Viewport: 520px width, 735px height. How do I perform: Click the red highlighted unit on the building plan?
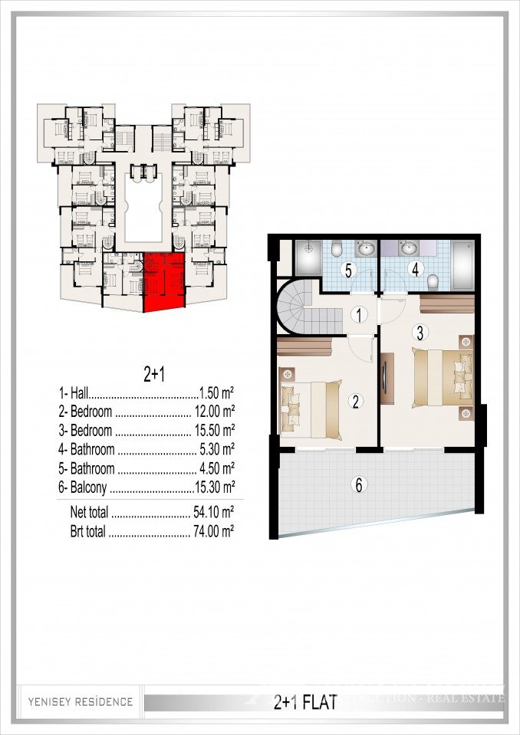click(164, 282)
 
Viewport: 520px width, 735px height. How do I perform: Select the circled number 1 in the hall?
click(357, 313)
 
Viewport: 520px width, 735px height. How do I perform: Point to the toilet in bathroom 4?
click(433, 281)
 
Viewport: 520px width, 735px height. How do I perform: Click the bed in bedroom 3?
click(439, 377)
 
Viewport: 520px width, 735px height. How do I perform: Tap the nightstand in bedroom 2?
click(288, 375)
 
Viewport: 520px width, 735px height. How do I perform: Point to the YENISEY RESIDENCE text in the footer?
click(81, 701)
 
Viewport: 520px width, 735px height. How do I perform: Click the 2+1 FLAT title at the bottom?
click(305, 701)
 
